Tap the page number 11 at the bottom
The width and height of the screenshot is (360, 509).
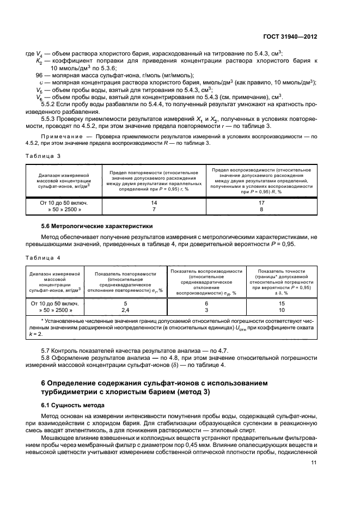pos(314,463)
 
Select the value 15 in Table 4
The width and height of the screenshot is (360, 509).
pos(282,303)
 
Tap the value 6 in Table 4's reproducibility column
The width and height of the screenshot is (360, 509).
pos(206,303)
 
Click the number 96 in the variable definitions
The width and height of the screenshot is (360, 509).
pos(39,75)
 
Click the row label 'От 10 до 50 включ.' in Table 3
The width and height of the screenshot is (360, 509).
pos(56,202)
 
